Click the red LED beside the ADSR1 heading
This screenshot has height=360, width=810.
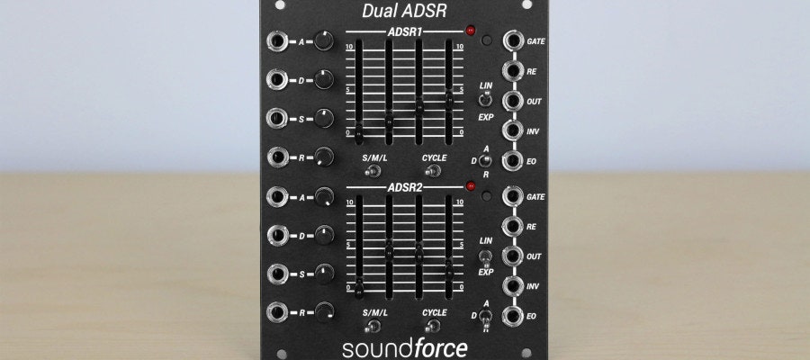point(469,31)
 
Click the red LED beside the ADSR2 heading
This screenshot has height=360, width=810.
point(469,186)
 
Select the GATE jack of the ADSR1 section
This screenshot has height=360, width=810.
point(514,41)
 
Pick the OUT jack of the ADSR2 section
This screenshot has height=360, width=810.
point(514,256)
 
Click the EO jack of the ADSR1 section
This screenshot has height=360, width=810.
point(514,162)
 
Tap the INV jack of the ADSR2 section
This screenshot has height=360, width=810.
point(514,285)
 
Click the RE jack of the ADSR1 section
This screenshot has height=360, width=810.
point(514,71)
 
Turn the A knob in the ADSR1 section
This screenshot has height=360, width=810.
point(324,40)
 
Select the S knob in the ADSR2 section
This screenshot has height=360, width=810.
point(324,274)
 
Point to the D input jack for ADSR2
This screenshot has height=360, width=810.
point(277,236)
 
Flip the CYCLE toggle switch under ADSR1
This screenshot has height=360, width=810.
point(434,171)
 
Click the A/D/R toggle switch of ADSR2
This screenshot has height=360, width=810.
point(485,316)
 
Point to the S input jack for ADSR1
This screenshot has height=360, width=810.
point(277,120)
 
